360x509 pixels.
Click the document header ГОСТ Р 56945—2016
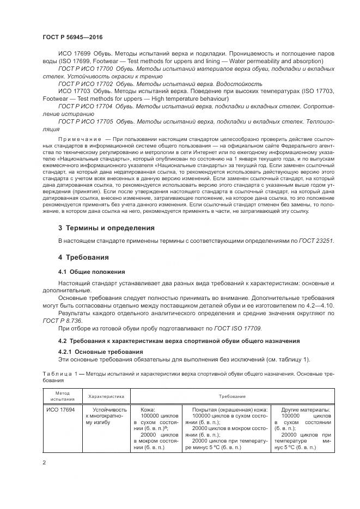[72, 36]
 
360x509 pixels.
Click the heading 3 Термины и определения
[106, 228]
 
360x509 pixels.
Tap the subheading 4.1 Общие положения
[91, 271]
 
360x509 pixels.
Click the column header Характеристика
[106, 397]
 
